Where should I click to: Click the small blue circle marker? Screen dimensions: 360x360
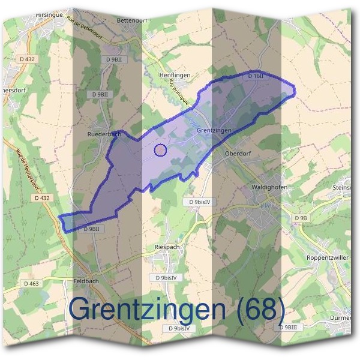pyautogui.click(x=160, y=150)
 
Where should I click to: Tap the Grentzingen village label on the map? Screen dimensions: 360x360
pyautogui.click(x=213, y=130)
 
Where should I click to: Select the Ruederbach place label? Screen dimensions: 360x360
pyautogui.click(x=104, y=134)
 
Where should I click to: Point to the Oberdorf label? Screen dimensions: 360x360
pyautogui.click(x=236, y=153)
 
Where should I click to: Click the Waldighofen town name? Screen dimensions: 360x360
pyautogui.click(x=269, y=187)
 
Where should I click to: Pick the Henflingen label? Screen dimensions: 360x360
pyautogui.click(x=174, y=74)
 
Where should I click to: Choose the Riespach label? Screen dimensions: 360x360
pyautogui.click(x=167, y=247)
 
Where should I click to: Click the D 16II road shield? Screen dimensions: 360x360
pyautogui.click(x=256, y=77)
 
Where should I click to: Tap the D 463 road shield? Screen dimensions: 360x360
pyautogui.click(x=32, y=283)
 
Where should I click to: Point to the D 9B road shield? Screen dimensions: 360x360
pyautogui.click(x=301, y=217)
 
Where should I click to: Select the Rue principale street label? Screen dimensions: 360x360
pyautogui.click(x=179, y=92)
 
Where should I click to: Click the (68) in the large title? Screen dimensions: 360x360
pyautogui.click(x=260, y=308)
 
